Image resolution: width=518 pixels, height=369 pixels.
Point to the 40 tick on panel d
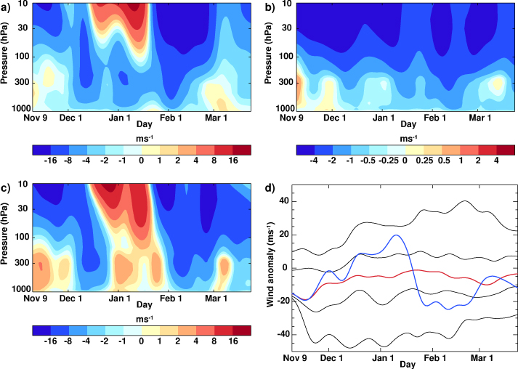[x=284, y=201]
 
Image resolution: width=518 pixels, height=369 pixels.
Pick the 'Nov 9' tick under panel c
[x=44, y=299]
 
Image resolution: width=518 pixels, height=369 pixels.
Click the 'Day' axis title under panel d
[x=406, y=365]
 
